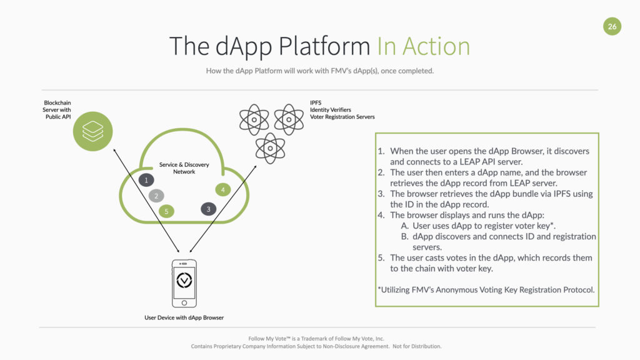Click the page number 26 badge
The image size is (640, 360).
coord(612,26)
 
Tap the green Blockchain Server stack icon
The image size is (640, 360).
coord(92,131)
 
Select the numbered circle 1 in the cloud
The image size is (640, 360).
coord(146,180)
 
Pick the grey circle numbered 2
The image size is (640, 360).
coord(156,196)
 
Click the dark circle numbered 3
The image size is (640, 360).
coord(209,209)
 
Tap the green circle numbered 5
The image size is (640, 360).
coord(166,211)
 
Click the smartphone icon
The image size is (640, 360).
coord(184,282)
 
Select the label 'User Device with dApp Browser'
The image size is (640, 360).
coord(184,317)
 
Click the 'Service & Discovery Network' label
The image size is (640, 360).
coord(184,168)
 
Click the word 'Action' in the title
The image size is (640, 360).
coord(436,47)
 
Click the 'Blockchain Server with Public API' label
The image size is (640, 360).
coord(57,109)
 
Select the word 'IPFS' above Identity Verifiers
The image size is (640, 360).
coord(316,102)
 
